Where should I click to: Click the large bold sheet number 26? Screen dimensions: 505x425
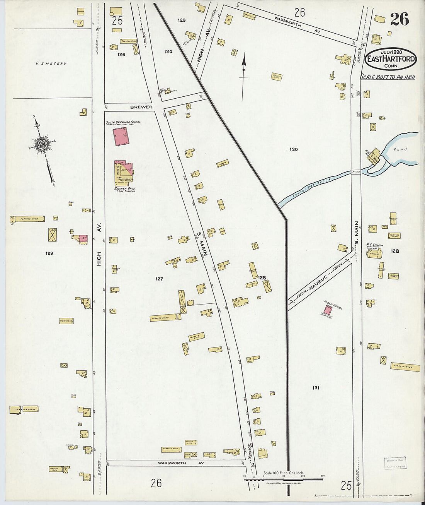(x=399, y=19)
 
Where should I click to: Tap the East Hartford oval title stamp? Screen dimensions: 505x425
(x=391, y=59)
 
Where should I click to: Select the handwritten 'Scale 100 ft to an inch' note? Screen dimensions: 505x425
(x=388, y=77)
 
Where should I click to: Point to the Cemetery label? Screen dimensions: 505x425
(x=51, y=63)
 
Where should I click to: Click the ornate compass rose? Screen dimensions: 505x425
(x=42, y=145)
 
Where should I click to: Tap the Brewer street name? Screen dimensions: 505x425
(x=141, y=107)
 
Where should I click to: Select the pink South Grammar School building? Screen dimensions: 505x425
(x=121, y=137)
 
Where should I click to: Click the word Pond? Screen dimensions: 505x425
(x=400, y=149)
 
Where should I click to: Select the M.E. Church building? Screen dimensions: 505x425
(x=374, y=253)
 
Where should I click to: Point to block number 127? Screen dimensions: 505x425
(x=159, y=279)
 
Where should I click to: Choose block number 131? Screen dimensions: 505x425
(x=316, y=387)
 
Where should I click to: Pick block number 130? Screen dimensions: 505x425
(x=294, y=149)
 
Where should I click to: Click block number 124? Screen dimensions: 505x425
(x=168, y=51)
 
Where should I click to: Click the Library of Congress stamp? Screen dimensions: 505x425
(x=395, y=463)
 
